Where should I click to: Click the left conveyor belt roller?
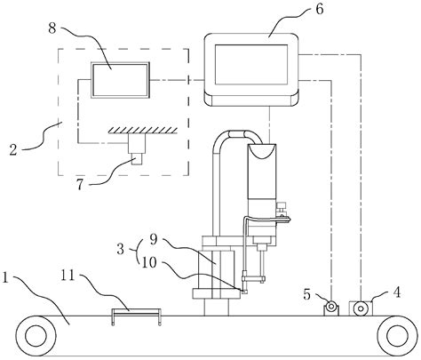38,336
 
